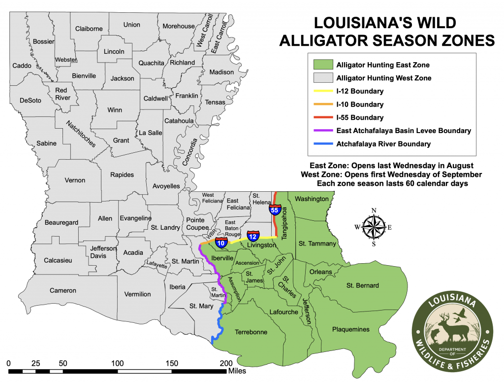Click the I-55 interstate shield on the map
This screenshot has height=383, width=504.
[x=275, y=210]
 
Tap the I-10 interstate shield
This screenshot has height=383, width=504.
[x=221, y=242]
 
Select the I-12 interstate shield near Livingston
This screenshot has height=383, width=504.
[x=253, y=235]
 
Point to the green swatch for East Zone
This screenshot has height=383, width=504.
[x=322, y=65]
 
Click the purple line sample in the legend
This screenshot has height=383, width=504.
[x=322, y=131]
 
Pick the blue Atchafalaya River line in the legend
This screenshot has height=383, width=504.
[x=322, y=144]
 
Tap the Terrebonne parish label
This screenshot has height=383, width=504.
[x=251, y=332]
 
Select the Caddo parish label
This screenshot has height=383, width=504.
[x=21, y=65]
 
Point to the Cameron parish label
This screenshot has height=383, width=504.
[x=63, y=290]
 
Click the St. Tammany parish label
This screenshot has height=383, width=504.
[x=317, y=244]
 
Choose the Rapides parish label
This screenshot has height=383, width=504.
[x=122, y=174]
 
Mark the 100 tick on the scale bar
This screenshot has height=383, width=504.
[x=117, y=363]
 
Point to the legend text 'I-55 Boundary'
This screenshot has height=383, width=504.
[x=359, y=118]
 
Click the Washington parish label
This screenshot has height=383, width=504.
[x=311, y=199]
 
